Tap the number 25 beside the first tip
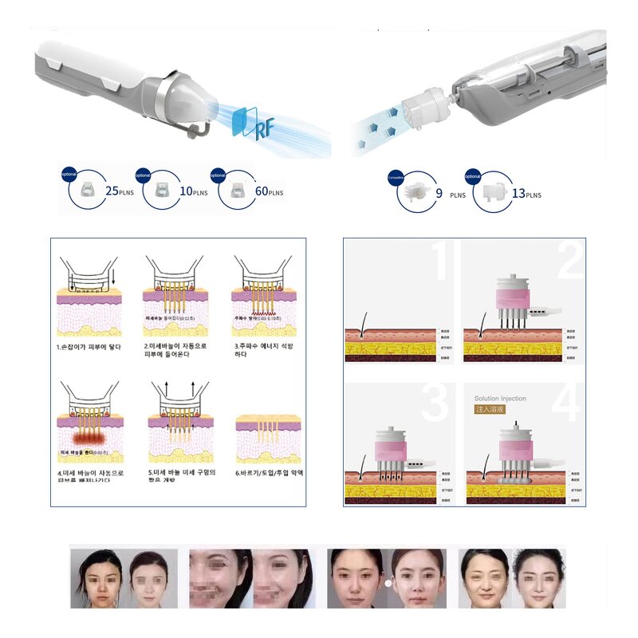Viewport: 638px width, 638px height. pos(112,191)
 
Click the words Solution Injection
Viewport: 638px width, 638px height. pos(500,399)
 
